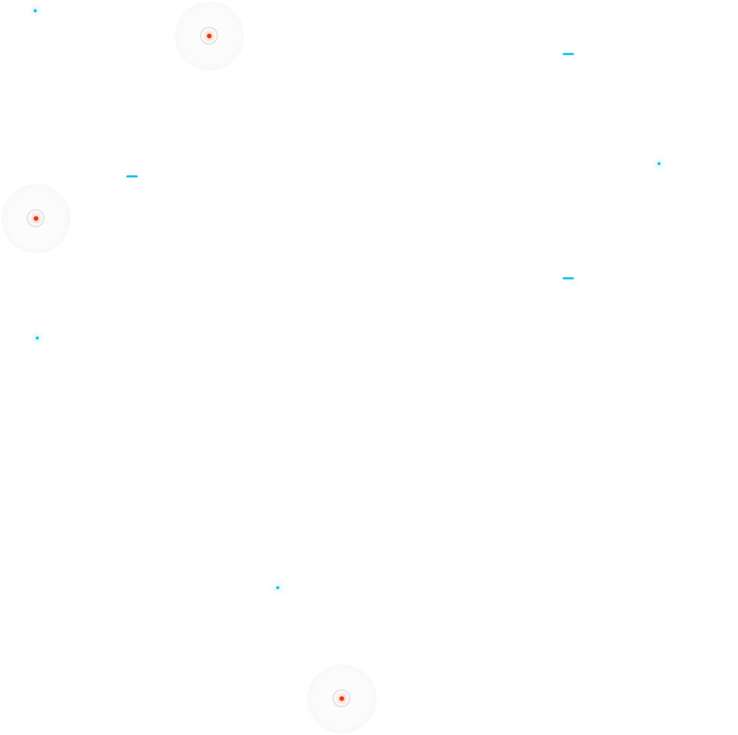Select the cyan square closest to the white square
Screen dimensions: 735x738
659,164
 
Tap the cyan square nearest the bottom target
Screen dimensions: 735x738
278,588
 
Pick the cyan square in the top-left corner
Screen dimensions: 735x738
35,11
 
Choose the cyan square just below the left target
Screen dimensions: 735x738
37,338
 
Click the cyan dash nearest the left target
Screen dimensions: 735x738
132,176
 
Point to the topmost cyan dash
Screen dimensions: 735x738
568,54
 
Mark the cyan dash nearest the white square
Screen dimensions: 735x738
568,278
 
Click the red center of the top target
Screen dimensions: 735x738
209,36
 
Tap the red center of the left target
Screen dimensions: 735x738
36,218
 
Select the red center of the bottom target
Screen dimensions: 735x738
341,698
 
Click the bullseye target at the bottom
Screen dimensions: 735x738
341,698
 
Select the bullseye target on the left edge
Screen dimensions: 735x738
36,218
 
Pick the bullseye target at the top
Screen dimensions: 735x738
209,36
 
